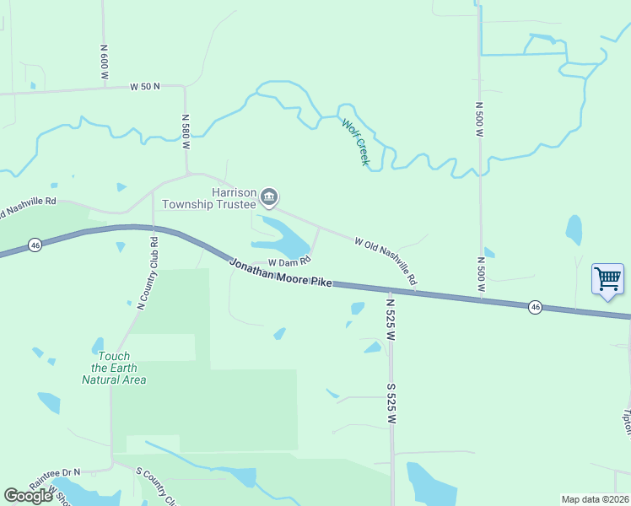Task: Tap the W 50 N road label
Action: point(146,87)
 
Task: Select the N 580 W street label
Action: point(185,132)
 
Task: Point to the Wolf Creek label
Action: point(355,141)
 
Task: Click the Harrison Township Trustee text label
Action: point(209,198)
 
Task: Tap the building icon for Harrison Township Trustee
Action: point(269,198)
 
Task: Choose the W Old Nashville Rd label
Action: point(386,260)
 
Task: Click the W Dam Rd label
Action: point(284,262)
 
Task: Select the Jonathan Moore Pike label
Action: point(281,273)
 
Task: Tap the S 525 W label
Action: point(391,403)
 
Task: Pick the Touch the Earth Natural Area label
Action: point(114,368)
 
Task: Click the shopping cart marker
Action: point(607,277)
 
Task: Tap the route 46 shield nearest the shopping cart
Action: point(535,307)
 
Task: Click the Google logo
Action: point(29,496)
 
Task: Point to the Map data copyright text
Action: point(596,498)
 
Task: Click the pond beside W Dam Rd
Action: point(285,238)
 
